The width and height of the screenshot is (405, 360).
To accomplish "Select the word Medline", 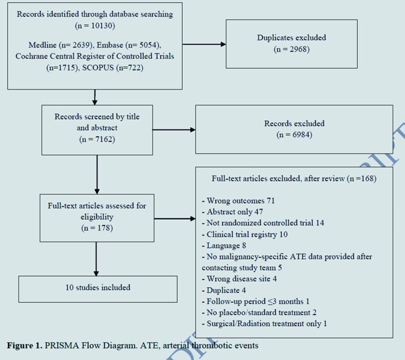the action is coord(43,45).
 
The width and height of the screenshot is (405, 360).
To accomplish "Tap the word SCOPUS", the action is coord(98,68).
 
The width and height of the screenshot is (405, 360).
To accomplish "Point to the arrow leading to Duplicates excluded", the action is coord(204,45).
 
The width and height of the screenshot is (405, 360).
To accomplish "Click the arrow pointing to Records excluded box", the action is coord(174,130).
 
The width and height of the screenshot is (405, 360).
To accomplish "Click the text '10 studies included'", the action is coord(98,288).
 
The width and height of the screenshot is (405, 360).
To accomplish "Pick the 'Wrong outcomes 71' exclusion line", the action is coord(238,201).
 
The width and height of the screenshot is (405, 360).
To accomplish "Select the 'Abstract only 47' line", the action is coord(232,212).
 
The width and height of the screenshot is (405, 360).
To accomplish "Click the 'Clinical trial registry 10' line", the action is coord(245,235).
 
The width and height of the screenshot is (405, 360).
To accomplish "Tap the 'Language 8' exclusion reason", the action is coord(224,246).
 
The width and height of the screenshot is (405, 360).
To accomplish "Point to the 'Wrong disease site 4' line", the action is coord(239,279).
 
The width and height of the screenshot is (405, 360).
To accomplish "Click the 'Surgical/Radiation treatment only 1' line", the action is coord(264,324).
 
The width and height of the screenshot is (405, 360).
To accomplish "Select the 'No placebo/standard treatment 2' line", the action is coord(259,313).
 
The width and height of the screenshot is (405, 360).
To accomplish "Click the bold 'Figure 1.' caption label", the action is coord(24,345).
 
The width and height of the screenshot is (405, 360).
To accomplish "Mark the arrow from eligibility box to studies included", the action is coord(96,259).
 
